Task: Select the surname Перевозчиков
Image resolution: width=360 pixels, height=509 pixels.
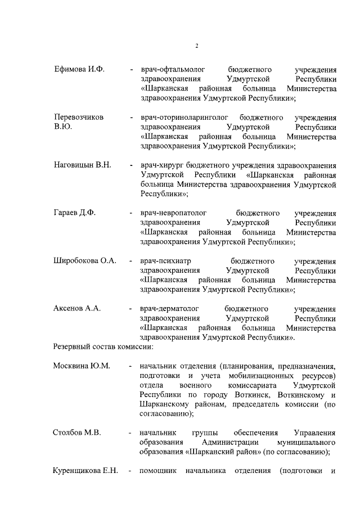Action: pyautogui.click(x=79, y=118)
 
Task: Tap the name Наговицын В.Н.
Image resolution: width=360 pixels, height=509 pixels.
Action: pyautogui.click(x=82, y=165)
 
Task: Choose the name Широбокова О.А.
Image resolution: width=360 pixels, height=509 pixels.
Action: pyautogui.click(x=84, y=261)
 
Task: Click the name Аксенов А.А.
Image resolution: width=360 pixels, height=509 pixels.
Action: pyautogui.click(x=77, y=309)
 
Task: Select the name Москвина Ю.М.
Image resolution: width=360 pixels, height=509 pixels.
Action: pyautogui.click(x=82, y=366)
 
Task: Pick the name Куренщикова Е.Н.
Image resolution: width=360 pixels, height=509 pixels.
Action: pyautogui.click(x=85, y=471)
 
